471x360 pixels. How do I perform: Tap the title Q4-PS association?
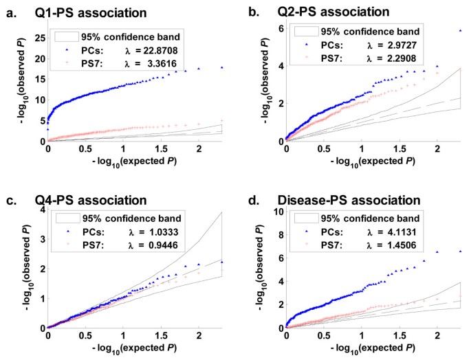100,201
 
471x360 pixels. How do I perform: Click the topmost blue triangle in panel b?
460,31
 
